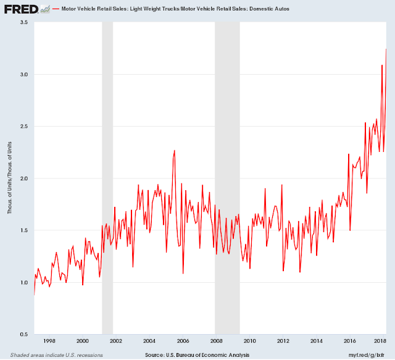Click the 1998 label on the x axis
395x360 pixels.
[x=49, y=341]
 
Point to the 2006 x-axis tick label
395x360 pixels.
[x=183, y=341]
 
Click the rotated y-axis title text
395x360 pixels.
[x=9, y=178]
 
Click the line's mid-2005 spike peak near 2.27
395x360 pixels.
[x=175, y=151]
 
